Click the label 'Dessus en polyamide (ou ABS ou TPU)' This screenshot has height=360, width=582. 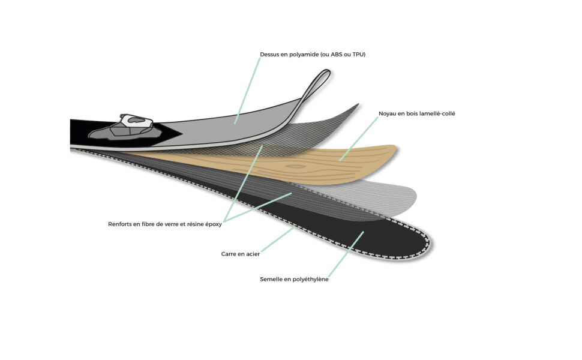coord(313,55)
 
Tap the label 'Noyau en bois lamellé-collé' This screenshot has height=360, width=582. coord(416,113)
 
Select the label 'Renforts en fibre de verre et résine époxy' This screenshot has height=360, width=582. coord(165,224)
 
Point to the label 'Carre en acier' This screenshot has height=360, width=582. coord(240,254)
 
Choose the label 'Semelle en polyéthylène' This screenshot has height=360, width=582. coord(294,280)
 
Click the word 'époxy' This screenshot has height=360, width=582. coord(214,224)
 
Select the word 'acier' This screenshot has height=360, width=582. coord(252,254)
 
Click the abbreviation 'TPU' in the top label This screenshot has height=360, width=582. coord(358,55)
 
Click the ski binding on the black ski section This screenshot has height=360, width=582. coord(125,128)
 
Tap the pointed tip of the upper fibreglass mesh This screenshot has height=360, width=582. coord(358,104)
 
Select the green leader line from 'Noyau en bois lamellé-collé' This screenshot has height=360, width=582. coord(359,139)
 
